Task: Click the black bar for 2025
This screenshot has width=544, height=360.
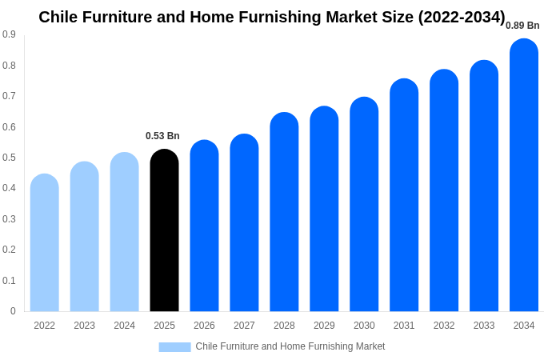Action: pyautogui.click(x=164, y=232)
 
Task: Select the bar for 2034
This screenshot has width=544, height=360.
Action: pyautogui.click(x=524, y=176)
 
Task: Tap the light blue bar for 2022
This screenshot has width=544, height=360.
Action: pyautogui.click(x=45, y=244)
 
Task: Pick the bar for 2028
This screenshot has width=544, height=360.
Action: pyautogui.click(x=284, y=212)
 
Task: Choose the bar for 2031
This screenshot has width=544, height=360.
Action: pyautogui.click(x=404, y=196)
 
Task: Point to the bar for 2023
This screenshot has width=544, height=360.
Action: pyautogui.click(x=85, y=238)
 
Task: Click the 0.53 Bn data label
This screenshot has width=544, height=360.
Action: pyautogui.click(x=162, y=136)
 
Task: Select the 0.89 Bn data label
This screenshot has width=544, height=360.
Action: pyautogui.click(x=522, y=26)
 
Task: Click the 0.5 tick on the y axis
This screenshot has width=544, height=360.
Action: pyautogui.click(x=9, y=158)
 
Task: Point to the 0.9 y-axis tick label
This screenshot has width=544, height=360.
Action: pyautogui.click(x=9, y=34)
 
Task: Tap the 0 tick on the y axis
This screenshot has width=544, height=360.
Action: pyautogui.click(x=13, y=311)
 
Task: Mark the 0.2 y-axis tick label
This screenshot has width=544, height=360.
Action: pyautogui.click(x=9, y=250)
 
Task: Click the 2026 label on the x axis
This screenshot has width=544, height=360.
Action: pyautogui.click(x=204, y=326)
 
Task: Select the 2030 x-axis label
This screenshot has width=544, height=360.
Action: pyautogui.click(x=364, y=326)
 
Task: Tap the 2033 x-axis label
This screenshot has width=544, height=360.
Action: pyautogui.click(x=484, y=326)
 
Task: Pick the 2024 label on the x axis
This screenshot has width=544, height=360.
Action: pyautogui.click(x=124, y=326)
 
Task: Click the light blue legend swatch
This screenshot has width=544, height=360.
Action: pyautogui.click(x=174, y=347)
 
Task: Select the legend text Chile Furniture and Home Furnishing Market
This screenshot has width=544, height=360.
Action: pyautogui.click(x=290, y=346)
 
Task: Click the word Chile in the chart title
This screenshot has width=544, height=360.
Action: pyautogui.click(x=58, y=17)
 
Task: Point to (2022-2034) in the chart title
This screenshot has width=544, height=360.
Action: pyautogui.click(x=462, y=17)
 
